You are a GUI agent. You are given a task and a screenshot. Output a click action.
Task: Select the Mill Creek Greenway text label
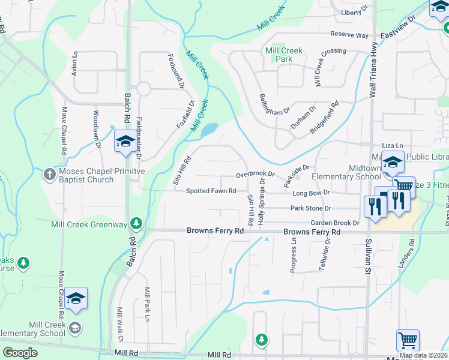point(90,224)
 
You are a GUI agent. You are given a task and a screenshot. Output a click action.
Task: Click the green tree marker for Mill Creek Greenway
point(136,224)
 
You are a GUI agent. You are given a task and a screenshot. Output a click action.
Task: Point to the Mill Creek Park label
point(284,55)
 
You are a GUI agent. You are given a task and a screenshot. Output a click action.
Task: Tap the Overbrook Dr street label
point(255,174)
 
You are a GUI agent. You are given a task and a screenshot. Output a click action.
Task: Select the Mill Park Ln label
point(147,304)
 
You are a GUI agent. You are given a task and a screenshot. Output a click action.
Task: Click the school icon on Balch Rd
point(125,142)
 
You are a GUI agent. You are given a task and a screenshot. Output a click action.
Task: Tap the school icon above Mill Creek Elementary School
point(76,299)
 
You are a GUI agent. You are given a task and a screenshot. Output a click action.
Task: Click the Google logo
point(20,353)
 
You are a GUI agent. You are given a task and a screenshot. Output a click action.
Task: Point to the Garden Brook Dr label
point(334,223)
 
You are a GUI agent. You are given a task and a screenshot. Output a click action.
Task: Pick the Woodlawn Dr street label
point(97,128)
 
